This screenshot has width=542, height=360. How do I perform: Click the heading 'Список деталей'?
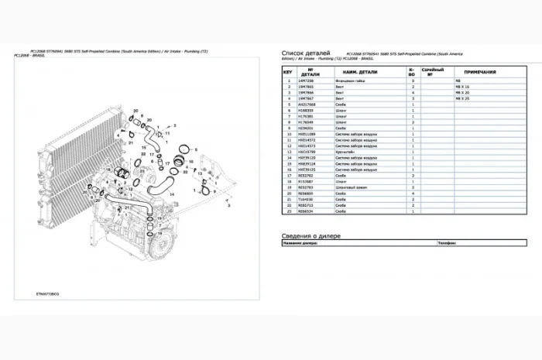[x=307, y=53]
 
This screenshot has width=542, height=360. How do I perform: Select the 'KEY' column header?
[x=288, y=72]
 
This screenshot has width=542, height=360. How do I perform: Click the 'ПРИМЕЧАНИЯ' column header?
[x=481, y=72]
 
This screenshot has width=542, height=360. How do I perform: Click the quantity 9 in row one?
[x=413, y=81]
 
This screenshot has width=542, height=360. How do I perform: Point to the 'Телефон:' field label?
[x=448, y=242]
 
